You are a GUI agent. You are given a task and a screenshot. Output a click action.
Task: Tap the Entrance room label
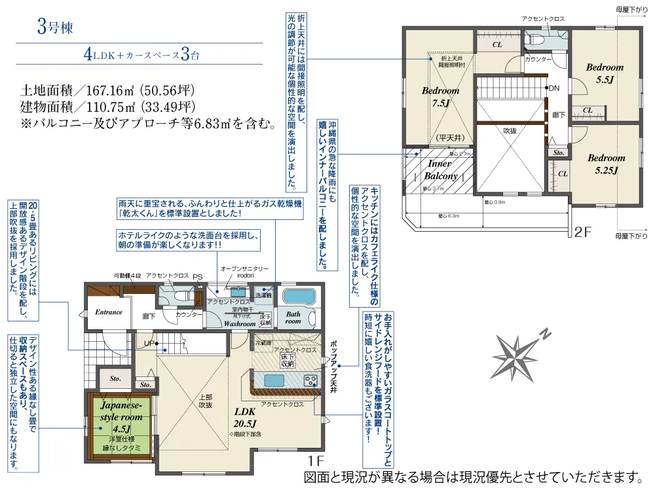pyautogui.click(x=109, y=312)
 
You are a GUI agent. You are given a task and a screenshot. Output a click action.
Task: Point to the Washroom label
pyautogui.click(x=240, y=323)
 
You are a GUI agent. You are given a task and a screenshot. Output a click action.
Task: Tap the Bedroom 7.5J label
pyautogui.click(x=440, y=97)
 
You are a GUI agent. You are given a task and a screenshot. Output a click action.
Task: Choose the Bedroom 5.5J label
pyautogui.click(x=605, y=73)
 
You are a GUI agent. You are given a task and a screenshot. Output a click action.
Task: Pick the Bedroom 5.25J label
pyautogui.click(x=606, y=164)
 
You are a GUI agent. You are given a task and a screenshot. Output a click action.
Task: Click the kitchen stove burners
pyautogui.click(x=310, y=380)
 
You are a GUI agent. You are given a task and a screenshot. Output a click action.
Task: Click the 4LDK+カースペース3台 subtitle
pyautogui.click(x=141, y=55)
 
